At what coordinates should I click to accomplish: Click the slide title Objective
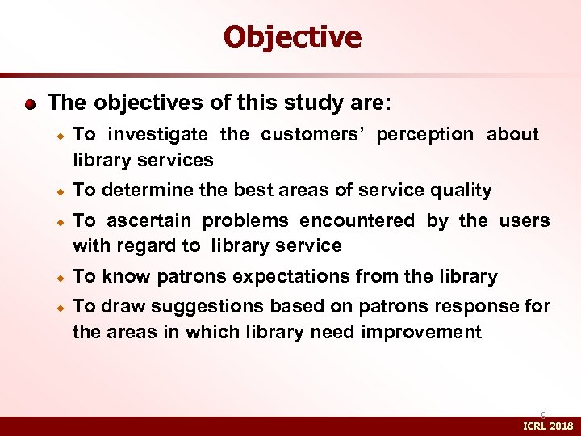click(x=292, y=36)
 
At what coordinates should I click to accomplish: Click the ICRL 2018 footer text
click(x=548, y=426)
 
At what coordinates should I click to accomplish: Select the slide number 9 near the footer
click(x=543, y=414)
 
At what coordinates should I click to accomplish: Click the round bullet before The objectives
click(x=30, y=104)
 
